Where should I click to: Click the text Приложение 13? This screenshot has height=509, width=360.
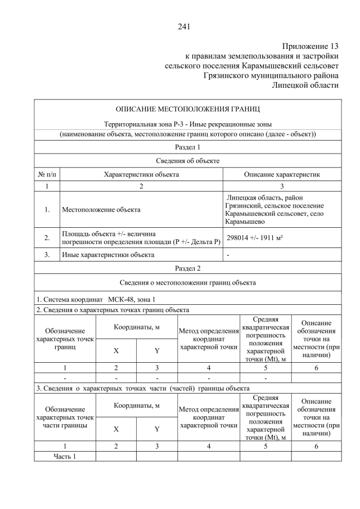pyautogui.click(x=311, y=46)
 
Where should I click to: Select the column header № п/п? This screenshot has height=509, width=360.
pyautogui.click(x=47, y=174)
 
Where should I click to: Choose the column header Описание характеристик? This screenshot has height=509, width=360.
pyautogui.click(x=282, y=174)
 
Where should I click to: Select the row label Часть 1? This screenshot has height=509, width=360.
pyautogui.click(x=65, y=456)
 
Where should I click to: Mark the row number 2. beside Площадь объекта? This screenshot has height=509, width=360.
pyautogui.click(x=47, y=238)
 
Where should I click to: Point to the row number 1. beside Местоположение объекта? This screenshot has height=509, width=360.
pyautogui.click(x=47, y=210)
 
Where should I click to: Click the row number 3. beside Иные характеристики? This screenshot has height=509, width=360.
pyautogui.click(x=47, y=255)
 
